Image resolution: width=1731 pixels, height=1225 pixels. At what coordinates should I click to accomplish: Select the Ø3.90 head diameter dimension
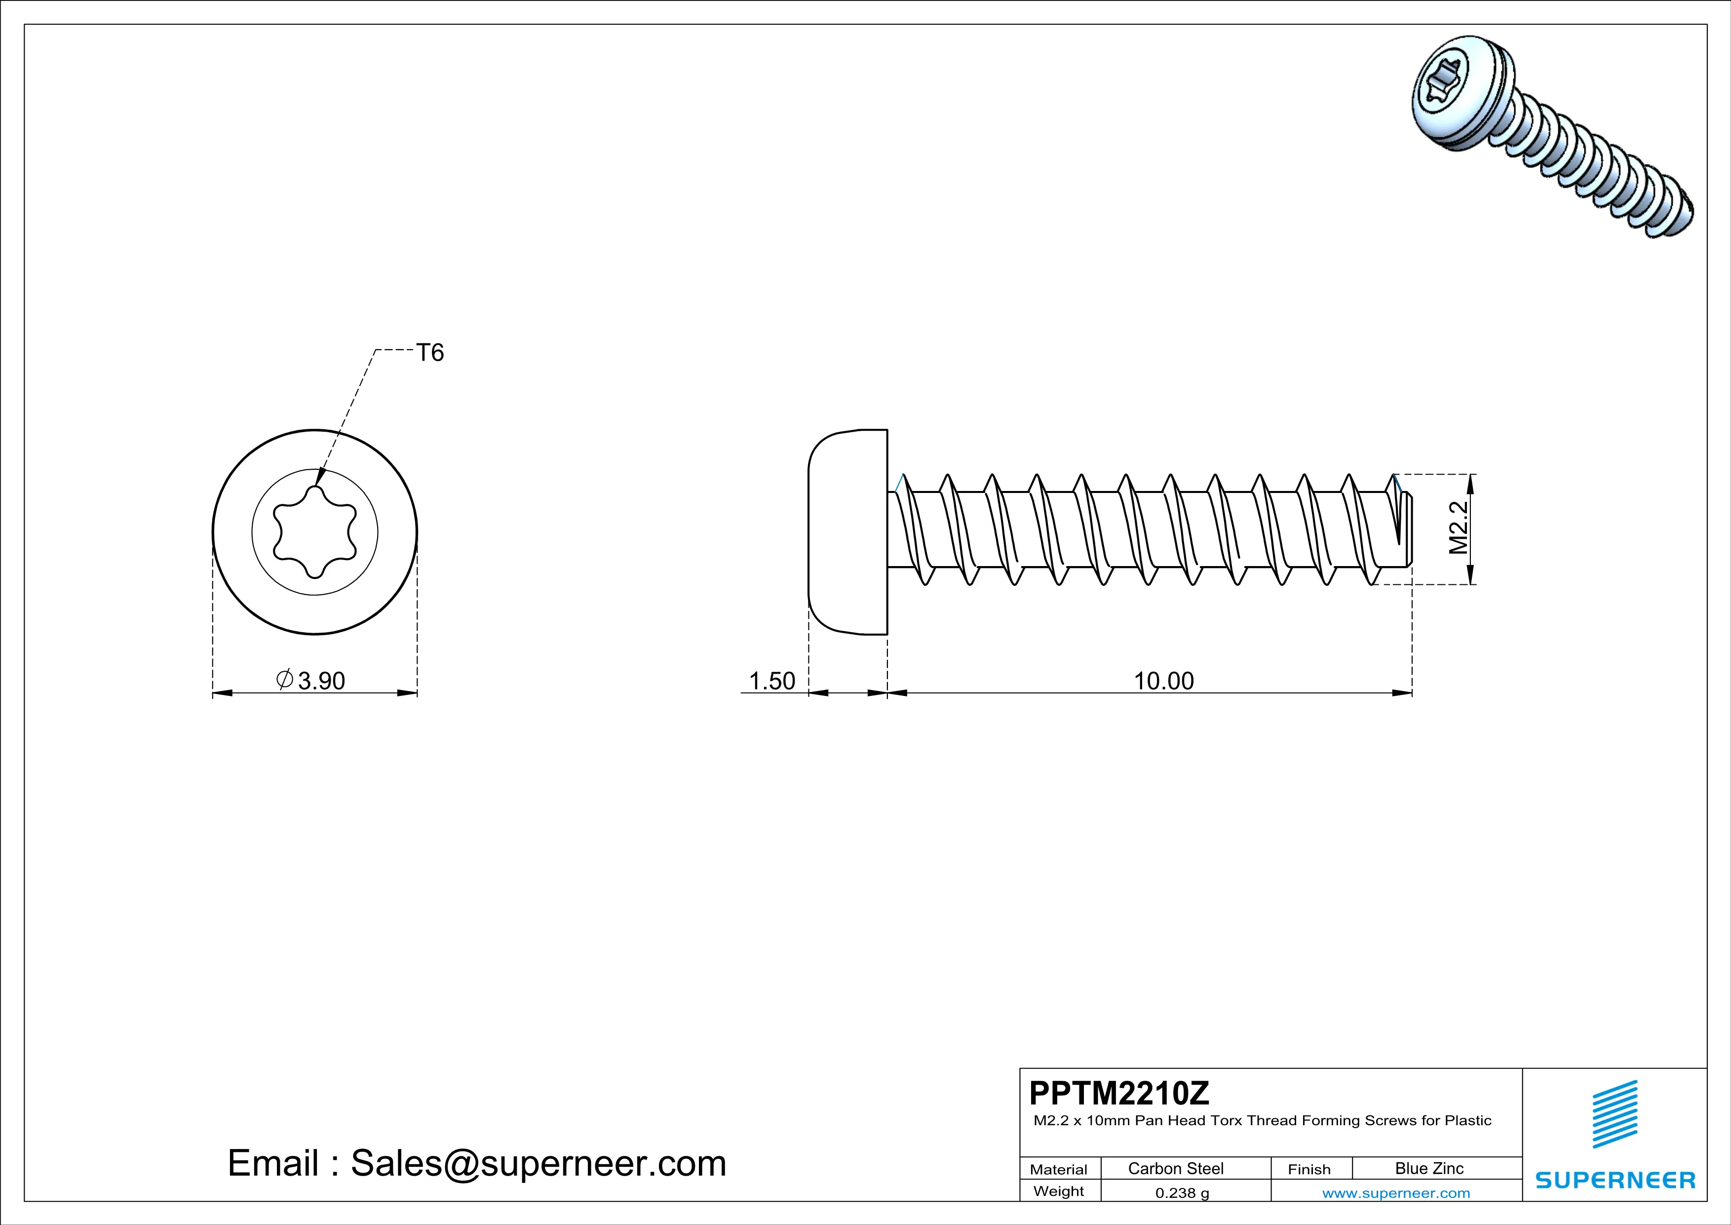[x=311, y=680]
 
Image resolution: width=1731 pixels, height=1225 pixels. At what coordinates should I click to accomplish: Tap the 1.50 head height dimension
[x=772, y=681]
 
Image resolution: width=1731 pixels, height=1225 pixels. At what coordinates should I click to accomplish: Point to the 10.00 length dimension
[x=1163, y=681]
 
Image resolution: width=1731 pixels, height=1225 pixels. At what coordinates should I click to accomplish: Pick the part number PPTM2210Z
[x=1119, y=1092]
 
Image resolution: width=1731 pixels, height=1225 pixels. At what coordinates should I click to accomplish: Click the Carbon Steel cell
[x=1175, y=1168]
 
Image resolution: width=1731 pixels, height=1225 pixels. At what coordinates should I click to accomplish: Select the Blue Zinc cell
[x=1428, y=1168]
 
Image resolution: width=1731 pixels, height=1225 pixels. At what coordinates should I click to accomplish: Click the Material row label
[x=1059, y=1169]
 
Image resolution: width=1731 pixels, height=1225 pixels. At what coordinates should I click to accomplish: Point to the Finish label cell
[x=1309, y=1169]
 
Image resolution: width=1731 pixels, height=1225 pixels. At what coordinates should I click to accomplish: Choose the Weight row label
[x=1059, y=1191]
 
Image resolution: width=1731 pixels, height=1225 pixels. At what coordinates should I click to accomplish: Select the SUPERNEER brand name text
[x=1615, y=1180]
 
